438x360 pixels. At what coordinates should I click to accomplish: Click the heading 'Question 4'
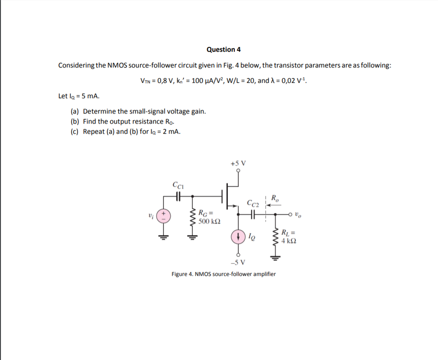click(x=223, y=50)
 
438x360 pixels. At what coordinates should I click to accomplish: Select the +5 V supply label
click(x=238, y=163)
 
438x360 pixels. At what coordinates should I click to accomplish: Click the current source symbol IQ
click(x=238, y=237)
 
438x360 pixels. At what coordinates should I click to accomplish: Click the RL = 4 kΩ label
click(x=290, y=237)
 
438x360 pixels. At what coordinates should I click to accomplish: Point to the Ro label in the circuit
click(x=275, y=197)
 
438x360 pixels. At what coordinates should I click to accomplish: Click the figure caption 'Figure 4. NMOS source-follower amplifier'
click(x=223, y=274)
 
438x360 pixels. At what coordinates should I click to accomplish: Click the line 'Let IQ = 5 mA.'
click(x=75, y=96)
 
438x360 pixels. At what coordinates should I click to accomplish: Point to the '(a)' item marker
click(x=75, y=111)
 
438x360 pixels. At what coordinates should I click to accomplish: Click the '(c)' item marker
click(x=75, y=132)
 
